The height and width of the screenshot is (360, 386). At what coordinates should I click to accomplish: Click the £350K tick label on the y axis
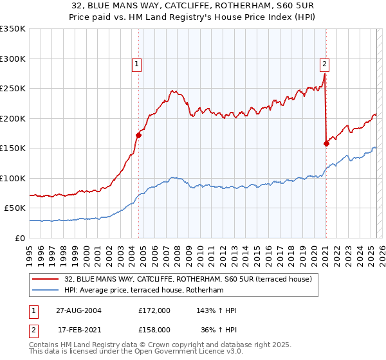tap(13, 29)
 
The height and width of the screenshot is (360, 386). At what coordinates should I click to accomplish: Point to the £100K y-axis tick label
tap(13, 178)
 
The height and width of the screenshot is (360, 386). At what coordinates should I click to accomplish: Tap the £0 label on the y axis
tap(21, 238)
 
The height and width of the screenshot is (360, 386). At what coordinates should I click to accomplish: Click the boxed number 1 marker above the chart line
tap(137, 64)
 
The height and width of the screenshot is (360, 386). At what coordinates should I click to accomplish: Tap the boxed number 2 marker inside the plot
tap(324, 64)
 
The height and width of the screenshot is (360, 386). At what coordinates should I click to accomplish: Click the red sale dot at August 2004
tap(138, 135)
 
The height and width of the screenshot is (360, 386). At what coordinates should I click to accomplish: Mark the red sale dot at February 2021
tap(326, 143)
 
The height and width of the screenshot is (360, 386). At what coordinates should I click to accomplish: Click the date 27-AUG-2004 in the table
tap(78, 310)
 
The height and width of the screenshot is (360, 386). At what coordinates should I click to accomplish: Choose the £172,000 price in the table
tap(154, 310)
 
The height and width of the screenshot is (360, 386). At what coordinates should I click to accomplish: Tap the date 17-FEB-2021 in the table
tap(78, 329)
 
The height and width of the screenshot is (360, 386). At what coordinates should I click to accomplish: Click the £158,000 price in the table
tap(154, 329)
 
